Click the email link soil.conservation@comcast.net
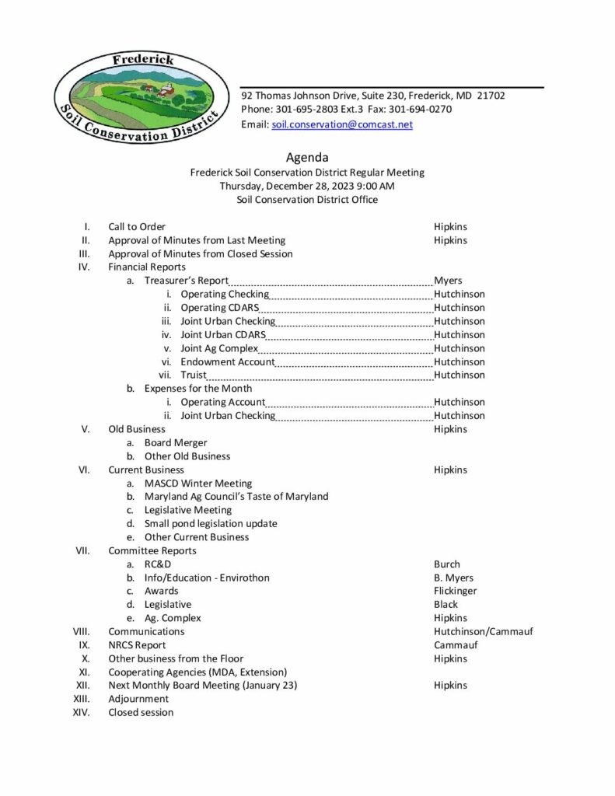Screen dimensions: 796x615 pos(342,124)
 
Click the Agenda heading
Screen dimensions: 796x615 pos(307,158)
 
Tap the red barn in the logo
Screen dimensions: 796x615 pos(166,92)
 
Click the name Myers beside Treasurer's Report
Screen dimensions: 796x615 pos(448,281)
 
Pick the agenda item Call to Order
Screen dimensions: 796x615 pos(137,227)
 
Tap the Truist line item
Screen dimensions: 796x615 pos(194,375)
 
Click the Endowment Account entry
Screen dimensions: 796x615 pos(228,361)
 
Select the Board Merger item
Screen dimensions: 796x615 pos(176,442)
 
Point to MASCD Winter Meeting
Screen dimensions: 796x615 pos(198,483)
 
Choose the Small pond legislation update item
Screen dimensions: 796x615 pos(211,523)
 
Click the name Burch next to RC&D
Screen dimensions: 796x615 pos(447,564)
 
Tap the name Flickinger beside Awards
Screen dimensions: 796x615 pos(456,591)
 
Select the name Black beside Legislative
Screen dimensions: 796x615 pos(446,605)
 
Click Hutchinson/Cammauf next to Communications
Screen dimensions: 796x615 pos(484,631)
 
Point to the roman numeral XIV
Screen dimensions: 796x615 pos(82,712)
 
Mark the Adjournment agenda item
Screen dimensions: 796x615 pos(138,699)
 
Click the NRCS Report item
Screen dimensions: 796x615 pos(137,645)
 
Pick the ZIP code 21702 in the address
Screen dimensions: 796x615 pos(491,96)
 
